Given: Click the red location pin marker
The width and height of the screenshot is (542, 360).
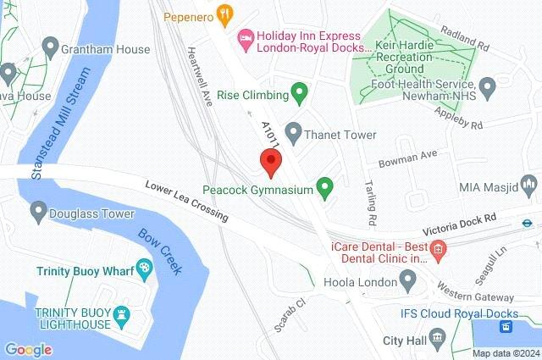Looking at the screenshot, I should coord(270,160).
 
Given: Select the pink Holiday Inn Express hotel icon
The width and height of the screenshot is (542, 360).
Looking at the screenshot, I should coord(245,36).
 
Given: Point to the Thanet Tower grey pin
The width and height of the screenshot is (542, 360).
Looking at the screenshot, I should coord(293,131).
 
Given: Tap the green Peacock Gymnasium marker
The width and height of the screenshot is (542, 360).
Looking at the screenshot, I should coord(324,185).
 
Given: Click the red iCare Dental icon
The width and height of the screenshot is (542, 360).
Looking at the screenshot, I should coord(437,248).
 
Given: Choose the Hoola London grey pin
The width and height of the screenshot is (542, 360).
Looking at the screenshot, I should coord(408,278).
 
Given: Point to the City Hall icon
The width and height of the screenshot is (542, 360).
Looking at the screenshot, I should coord(436,339).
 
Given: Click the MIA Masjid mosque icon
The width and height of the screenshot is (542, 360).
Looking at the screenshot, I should coord(528,183).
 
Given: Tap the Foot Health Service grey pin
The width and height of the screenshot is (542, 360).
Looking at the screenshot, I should coord(487,86).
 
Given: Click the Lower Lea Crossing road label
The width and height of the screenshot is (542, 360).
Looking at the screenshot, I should coord(186,201).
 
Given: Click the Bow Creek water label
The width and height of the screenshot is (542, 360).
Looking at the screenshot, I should coord(160,251).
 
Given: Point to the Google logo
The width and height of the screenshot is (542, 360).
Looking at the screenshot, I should coord(28,349).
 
